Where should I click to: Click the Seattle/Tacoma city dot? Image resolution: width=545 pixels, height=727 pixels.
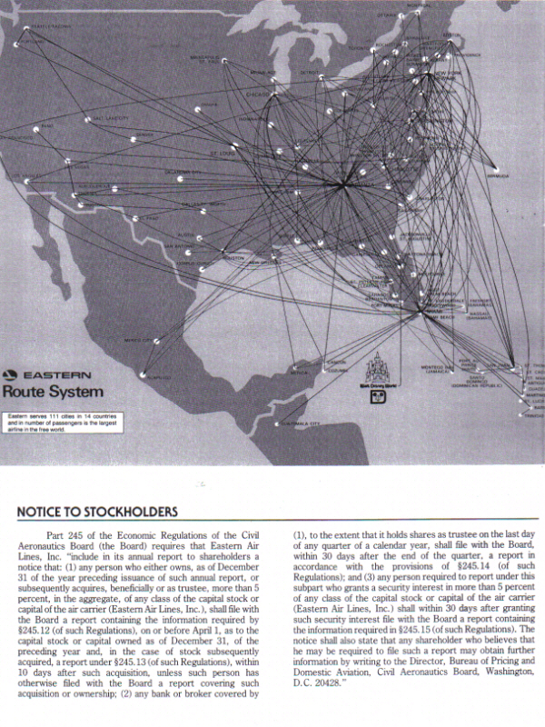[20, 39]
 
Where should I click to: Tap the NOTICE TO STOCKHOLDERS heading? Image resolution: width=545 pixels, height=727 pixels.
[97, 513]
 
